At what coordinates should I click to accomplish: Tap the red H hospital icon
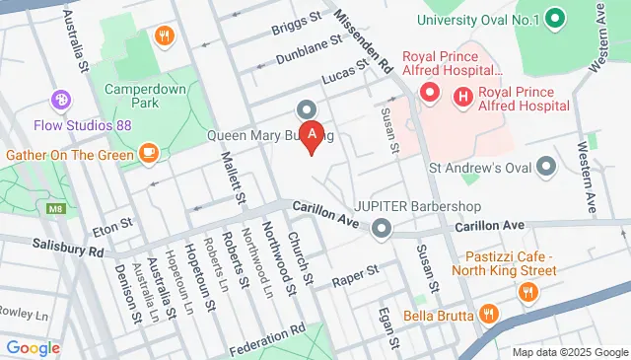(x=461, y=96)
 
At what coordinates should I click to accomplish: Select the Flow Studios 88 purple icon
(x=61, y=99)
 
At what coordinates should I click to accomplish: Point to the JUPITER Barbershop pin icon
(x=382, y=229)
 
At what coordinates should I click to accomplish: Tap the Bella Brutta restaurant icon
(x=490, y=316)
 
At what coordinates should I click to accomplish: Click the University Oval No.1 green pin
(x=554, y=19)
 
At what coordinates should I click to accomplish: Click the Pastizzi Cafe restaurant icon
(x=528, y=291)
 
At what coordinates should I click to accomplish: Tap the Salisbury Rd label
(x=67, y=250)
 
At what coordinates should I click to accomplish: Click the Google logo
(x=33, y=346)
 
